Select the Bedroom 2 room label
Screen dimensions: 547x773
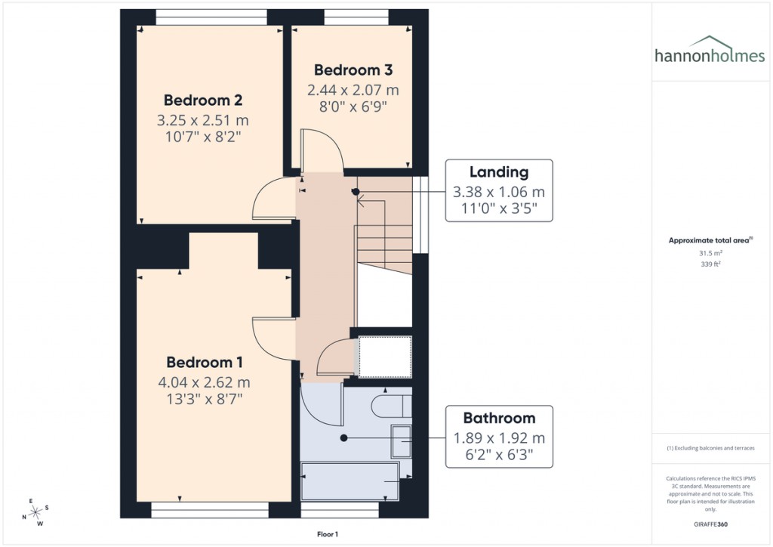(202, 100)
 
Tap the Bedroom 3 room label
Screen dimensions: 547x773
(353, 70)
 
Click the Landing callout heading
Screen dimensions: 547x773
(499, 172)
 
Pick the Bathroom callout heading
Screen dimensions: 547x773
(499, 418)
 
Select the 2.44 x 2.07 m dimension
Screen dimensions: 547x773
(353, 90)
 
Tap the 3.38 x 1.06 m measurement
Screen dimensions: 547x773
(499, 191)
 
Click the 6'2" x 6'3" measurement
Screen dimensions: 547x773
(499, 456)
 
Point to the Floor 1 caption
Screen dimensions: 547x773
(327, 534)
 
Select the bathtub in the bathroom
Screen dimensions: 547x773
(350, 481)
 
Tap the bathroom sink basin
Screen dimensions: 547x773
(401, 440)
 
